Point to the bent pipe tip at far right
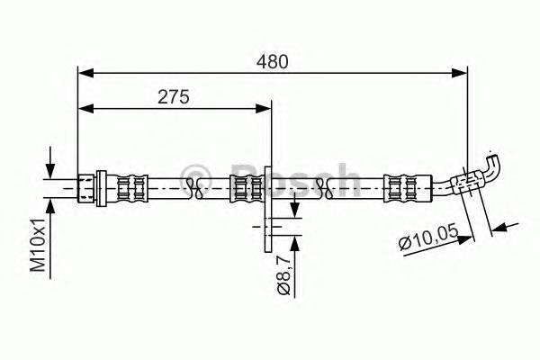(492, 164)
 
